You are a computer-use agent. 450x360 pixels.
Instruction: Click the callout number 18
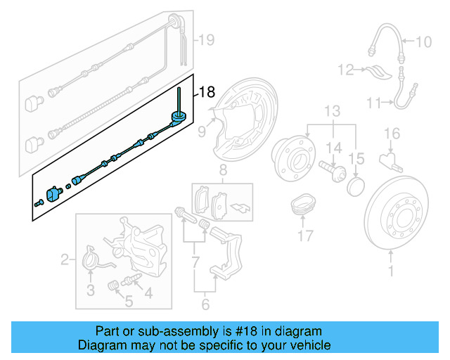207,92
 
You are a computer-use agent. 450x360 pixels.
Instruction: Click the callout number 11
373,103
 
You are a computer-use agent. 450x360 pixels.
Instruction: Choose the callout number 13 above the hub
332,111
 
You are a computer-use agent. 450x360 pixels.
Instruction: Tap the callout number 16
392,134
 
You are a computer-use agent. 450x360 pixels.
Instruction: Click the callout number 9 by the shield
201,130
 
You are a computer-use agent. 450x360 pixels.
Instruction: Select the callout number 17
304,236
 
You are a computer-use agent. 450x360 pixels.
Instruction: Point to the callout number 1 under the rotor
392,269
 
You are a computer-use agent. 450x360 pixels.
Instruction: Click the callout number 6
205,304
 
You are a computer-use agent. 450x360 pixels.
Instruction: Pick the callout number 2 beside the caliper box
65,261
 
